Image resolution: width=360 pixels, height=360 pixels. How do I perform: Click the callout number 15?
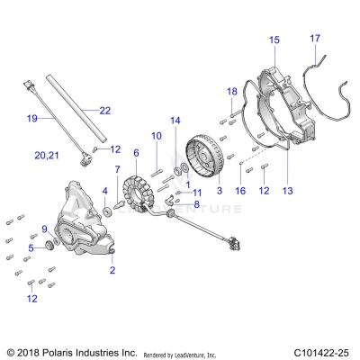click(x=274, y=40)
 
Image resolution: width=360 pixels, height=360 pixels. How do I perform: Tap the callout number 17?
click(x=315, y=38)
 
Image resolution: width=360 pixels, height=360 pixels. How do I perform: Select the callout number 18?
click(x=231, y=92)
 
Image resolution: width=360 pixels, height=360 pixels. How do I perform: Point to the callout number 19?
click(x=31, y=118)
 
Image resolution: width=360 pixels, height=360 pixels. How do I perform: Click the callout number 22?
click(x=104, y=110)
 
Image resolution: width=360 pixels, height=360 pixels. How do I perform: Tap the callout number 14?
click(x=175, y=120)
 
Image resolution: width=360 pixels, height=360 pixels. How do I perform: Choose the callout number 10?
click(x=156, y=135)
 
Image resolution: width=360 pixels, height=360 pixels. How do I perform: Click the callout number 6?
click(x=136, y=154)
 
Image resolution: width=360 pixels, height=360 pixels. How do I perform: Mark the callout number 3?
click(x=219, y=192)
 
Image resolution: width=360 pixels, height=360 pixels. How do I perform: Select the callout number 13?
click(x=288, y=192)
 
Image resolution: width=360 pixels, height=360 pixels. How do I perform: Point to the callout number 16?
click(x=240, y=192)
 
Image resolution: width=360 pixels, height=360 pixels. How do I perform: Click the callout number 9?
click(x=44, y=229)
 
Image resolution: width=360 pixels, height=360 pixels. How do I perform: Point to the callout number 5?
click(x=31, y=247)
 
